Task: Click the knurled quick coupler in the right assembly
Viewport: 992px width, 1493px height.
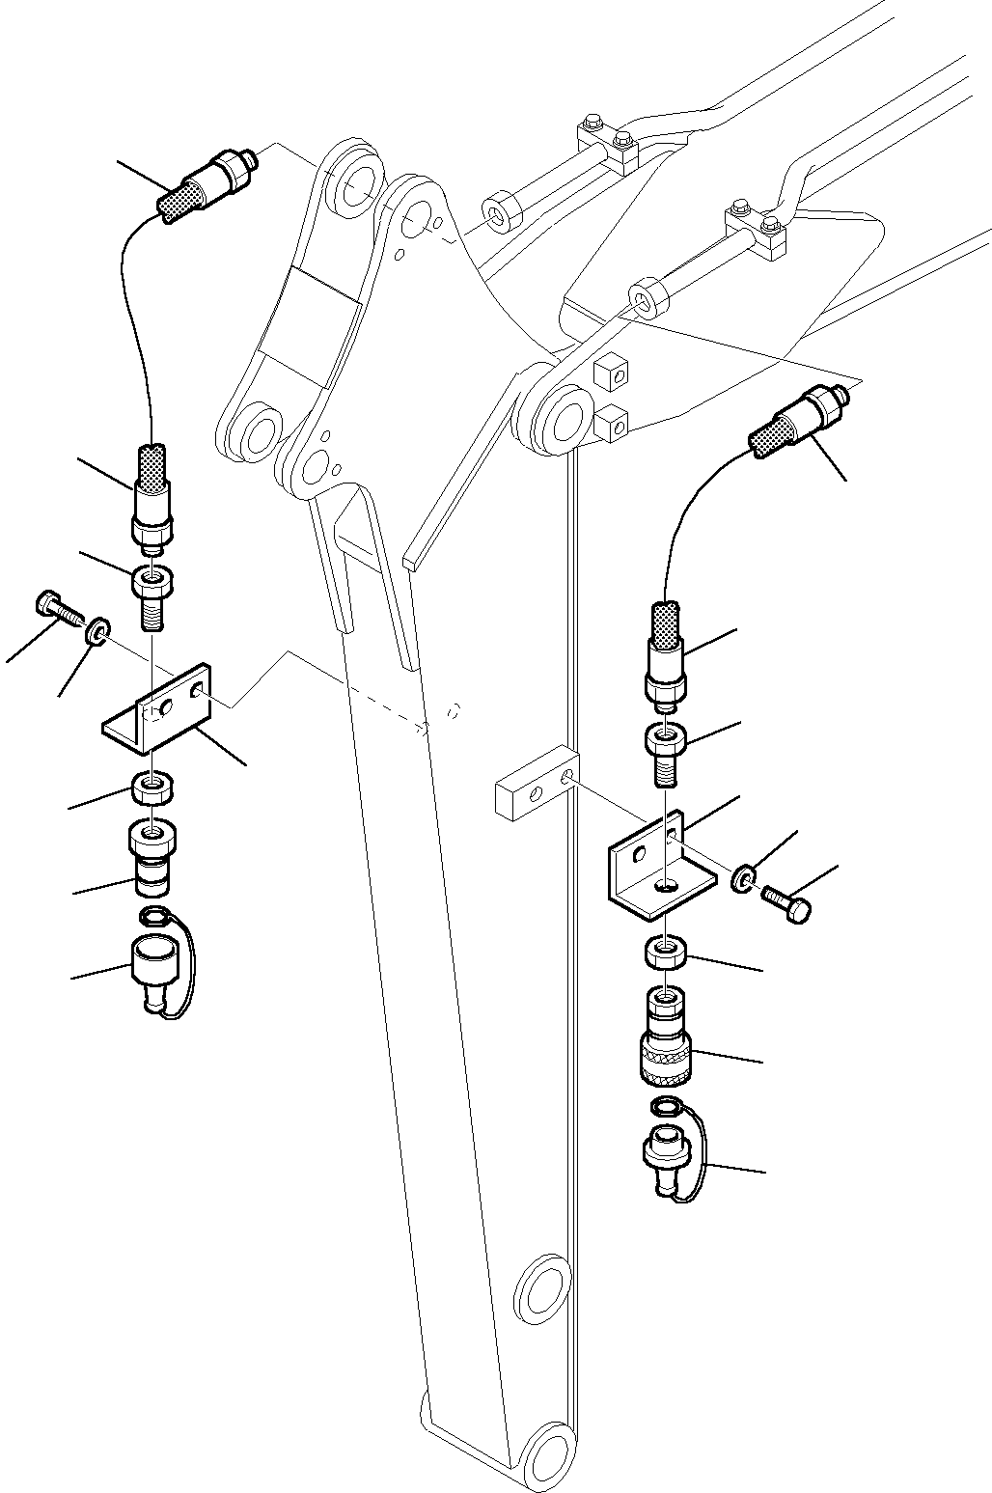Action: click(x=665, y=1041)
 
